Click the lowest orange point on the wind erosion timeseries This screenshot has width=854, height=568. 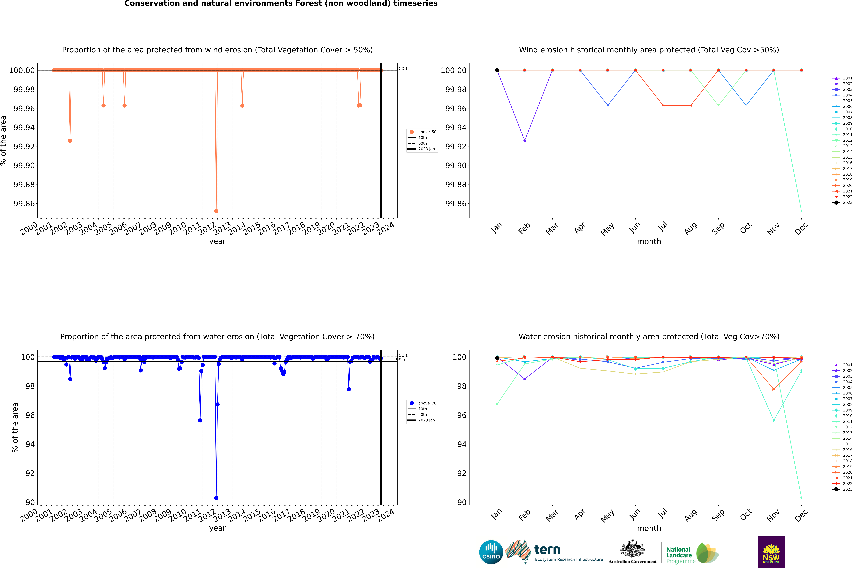coord(216,211)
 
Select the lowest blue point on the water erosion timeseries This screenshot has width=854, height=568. coord(216,498)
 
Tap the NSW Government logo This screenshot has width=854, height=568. coord(771,552)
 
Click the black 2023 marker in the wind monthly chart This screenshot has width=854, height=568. coord(497,70)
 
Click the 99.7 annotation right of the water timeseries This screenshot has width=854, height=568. coord(401,360)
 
